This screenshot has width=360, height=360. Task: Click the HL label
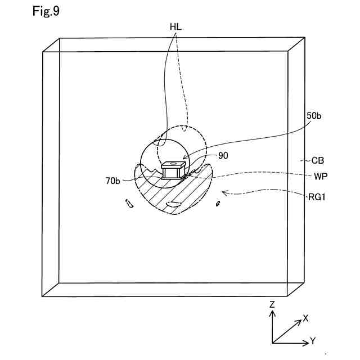pyautogui.click(x=175, y=26)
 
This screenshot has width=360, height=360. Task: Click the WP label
pyautogui.click(x=321, y=175)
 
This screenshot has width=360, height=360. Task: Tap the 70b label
pyautogui.click(x=112, y=181)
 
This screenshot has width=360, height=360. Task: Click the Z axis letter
pyautogui.click(x=272, y=304)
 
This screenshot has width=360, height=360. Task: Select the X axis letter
pyautogui.click(x=305, y=318)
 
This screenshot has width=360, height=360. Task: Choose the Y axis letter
pyautogui.click(x=312, y=341)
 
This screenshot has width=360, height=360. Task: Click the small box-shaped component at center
pyautogui.click(x=173, y=170)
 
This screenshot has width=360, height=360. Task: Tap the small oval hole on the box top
pyautogui.click(x=174, y=164)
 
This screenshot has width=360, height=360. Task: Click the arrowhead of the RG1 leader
pyautogui.click(x=223, y=192)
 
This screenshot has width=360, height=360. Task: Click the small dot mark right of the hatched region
pyautogui.click(x=218, y=204)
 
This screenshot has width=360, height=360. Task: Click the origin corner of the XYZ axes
pyautogui.click(x=272, y=342)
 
